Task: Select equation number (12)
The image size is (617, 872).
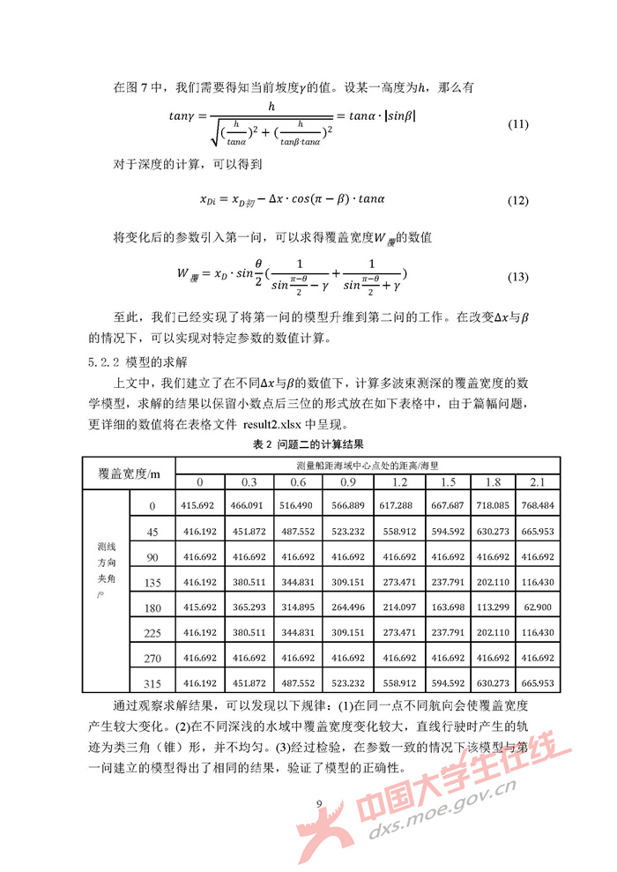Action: [x=518, y=201]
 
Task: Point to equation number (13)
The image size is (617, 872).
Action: [x=518, y=277]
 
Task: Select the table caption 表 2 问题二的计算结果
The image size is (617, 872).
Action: [x=308, y=445]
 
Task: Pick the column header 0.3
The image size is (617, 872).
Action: [x=249, y=481]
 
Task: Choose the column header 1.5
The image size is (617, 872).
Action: [x=448, y=481]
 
